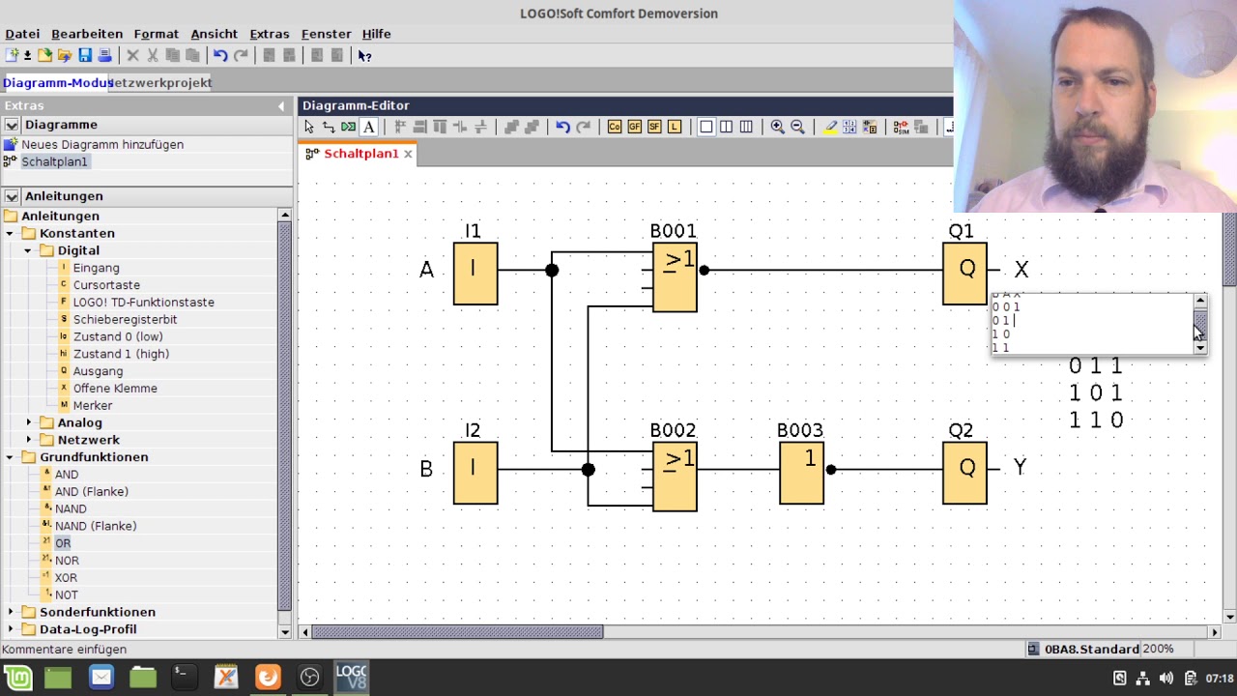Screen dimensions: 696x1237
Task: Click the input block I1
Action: click(x=475, y=274)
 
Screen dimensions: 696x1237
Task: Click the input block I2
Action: click(x=475, y=473)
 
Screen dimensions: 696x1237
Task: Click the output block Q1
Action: click(x=964, y=274)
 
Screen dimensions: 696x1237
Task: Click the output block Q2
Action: click(x=964, y=473)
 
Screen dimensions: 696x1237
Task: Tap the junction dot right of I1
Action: click(x=552, y=271)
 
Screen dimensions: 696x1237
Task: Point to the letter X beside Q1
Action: click(x=1021, y=270)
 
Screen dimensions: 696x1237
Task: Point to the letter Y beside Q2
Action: click(x=1020, y=468)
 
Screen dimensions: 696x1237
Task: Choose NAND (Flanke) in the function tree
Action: click(x=96, y=526)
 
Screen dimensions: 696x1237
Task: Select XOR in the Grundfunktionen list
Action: click(x=66, y=578)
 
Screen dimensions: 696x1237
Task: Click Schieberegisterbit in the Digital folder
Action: click(x=125, y=319)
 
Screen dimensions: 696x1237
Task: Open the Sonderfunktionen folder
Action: click(x=97, y=612)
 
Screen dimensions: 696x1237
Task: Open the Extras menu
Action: click(x=269, y=34)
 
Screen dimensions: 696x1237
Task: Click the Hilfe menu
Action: click(x=376, y=34)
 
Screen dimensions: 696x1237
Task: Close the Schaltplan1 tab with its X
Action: click(x=408, y=154)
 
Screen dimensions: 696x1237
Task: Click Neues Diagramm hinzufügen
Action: click(x=102, y=144)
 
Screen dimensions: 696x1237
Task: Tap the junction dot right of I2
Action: click(x=588, y=470)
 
